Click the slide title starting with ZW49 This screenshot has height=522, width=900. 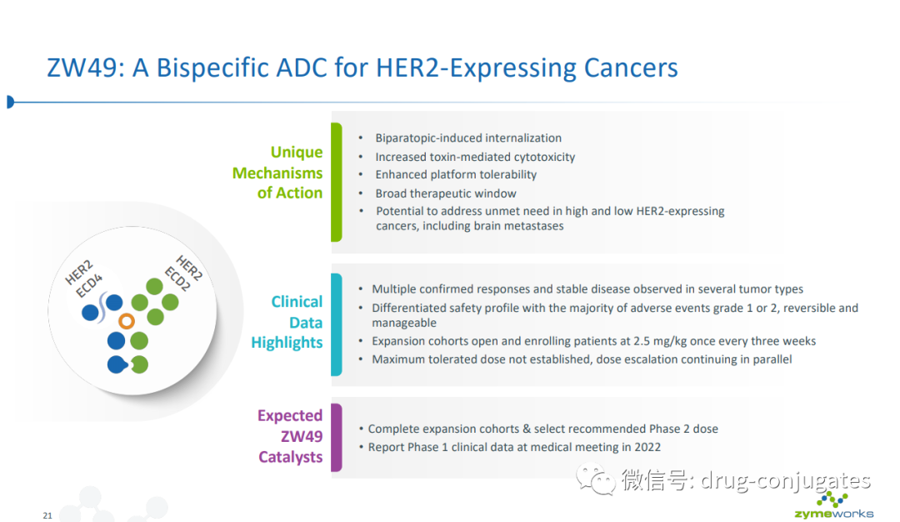[x=362, y=68]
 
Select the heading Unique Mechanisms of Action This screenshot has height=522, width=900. [x=277, y=173]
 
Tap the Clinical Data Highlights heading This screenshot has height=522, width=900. [x=287, y=322]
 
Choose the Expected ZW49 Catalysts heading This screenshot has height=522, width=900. [x=290, y=436]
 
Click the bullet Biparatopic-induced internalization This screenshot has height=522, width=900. [x=467, y=138]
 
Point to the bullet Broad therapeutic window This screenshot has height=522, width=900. [x=445, y=193]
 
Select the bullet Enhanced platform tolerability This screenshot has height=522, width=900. [x=455, y=175]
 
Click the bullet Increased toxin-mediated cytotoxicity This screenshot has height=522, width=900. [x=474, y=157]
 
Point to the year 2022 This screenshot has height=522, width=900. [x=647, y=447]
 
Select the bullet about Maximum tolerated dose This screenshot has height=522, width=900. [x=581, y=359]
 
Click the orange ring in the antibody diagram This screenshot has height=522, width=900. [x=127, y=321]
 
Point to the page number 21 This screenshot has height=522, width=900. [x=47, y=516]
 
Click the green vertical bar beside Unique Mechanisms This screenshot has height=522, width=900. [x=336, y=182]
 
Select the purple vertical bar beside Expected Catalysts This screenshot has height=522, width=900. [x=336, y=437]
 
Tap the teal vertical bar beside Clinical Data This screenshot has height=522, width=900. [x=336, y=324]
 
